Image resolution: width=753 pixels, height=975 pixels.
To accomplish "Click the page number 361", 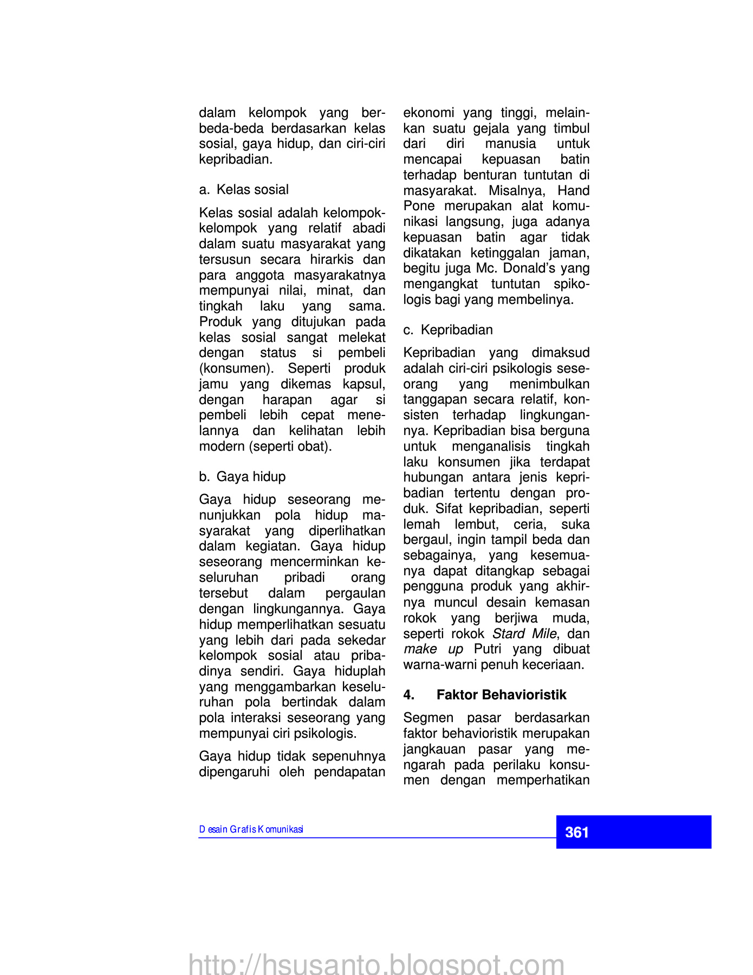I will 576,832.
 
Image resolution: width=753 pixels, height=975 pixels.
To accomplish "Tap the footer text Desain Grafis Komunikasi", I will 251,829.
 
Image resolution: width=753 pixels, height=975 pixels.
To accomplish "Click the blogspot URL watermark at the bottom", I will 377,964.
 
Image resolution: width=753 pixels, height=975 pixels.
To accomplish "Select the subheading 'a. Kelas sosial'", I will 244,190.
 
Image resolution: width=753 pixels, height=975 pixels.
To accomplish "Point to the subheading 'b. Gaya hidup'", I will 242,477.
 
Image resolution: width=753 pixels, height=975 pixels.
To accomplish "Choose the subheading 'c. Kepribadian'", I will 448,330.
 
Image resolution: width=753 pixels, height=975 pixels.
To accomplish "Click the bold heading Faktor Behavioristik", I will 501,695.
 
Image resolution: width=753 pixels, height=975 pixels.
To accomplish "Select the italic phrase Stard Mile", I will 524,634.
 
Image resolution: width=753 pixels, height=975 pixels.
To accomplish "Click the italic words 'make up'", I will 433,649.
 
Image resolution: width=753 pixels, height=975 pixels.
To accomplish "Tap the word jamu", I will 213,384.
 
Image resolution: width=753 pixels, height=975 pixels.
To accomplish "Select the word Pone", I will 419,206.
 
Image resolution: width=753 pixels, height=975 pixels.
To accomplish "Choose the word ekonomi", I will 429,113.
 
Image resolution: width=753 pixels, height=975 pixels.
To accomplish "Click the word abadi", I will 369,228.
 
